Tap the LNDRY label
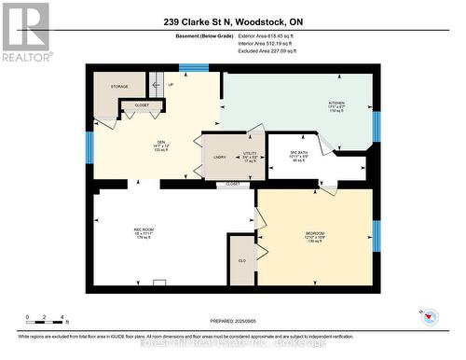point(220,157)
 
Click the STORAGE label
point(119,86)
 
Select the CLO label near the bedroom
point(241,260)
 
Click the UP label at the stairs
point(170,85)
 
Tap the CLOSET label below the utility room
point(233,185)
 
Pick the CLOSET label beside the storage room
point(142,105)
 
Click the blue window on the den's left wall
point(89,145)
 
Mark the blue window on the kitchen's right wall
point(377,126)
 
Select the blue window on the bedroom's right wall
point(377,237)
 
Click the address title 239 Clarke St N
point(233,21)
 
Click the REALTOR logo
point(24,32)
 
